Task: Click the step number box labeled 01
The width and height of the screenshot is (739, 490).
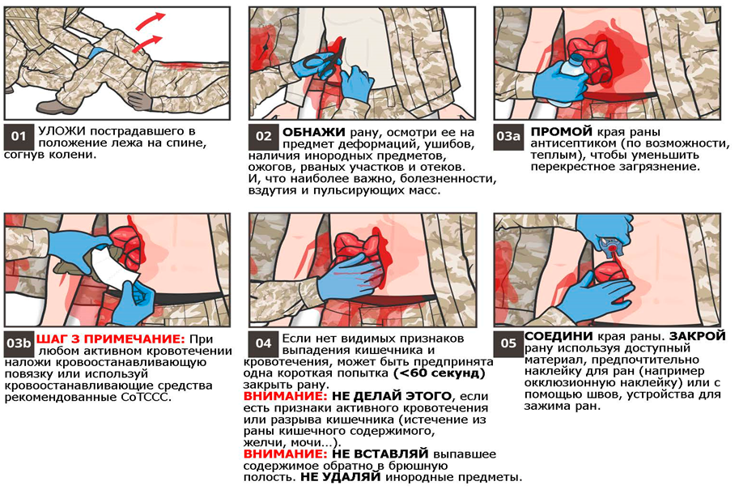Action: click(19, 137)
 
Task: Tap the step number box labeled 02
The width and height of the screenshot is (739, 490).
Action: click(263, 137)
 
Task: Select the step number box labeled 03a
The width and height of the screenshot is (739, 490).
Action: click(508, 137)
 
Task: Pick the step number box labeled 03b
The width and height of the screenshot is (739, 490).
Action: click(19, 343)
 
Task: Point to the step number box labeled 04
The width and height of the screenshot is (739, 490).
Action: click(263, 343)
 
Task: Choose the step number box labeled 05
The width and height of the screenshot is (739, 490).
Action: click(508, 343)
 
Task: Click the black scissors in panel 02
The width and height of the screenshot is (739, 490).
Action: click(321, 61)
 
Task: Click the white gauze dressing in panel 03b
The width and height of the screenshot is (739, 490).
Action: click(113, 266)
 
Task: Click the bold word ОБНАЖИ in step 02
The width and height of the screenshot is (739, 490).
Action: click(314, 133)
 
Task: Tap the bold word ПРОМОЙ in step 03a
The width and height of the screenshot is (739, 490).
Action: click(561, 132)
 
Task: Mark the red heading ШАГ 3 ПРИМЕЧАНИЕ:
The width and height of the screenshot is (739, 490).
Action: click(111, 339)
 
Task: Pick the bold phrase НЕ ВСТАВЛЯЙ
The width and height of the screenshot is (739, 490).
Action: click(380, 454)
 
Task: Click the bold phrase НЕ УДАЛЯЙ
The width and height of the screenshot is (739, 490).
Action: click(340, 477)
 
